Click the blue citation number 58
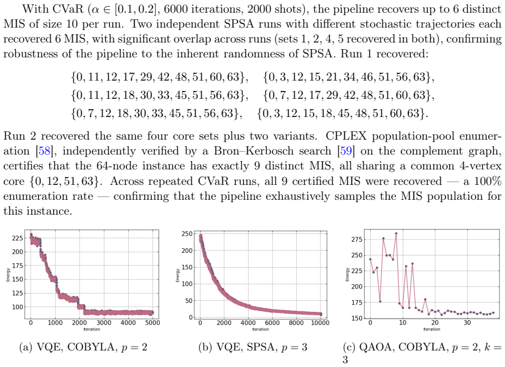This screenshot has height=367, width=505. tap(44, 151)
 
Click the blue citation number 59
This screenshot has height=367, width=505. tap(346, 151)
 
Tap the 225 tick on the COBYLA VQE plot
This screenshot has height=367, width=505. tap(17, 238)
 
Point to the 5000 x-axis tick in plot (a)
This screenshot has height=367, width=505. tap(152, 323)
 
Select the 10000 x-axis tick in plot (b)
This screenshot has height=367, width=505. tap(320, 323)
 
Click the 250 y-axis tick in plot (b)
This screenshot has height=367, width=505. tap(187, 234)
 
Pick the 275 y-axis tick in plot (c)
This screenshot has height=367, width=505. tap(357, 240)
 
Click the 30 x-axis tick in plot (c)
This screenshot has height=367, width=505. tap(467, 323)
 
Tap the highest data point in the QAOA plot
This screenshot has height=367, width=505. tap(396, 233)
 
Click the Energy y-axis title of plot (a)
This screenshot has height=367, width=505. tap(8, 275)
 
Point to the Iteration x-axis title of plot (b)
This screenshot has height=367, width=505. tap(260, 329)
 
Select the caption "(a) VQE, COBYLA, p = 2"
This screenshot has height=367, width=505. tap(83, 347)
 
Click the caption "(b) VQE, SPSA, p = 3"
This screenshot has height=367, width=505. tap(253, 347)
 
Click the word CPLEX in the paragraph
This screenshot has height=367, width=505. tap(346, 136)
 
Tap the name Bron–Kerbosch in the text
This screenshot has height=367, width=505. tap(273, 151)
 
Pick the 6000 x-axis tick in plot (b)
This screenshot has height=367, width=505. tap(272, 323)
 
